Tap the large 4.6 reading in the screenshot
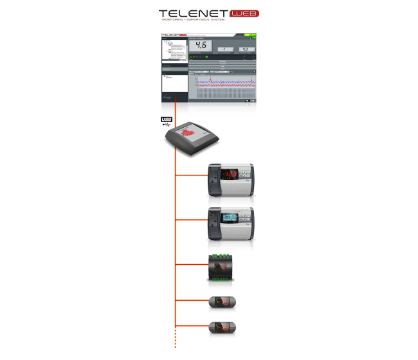pos(200,46)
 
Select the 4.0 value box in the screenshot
pos(244,49)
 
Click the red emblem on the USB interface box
pos(189,132)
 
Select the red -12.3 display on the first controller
pos(229,174)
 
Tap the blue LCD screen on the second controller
pos(230,218)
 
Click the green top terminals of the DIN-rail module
pos(221,256)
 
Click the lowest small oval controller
pos(222,327)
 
